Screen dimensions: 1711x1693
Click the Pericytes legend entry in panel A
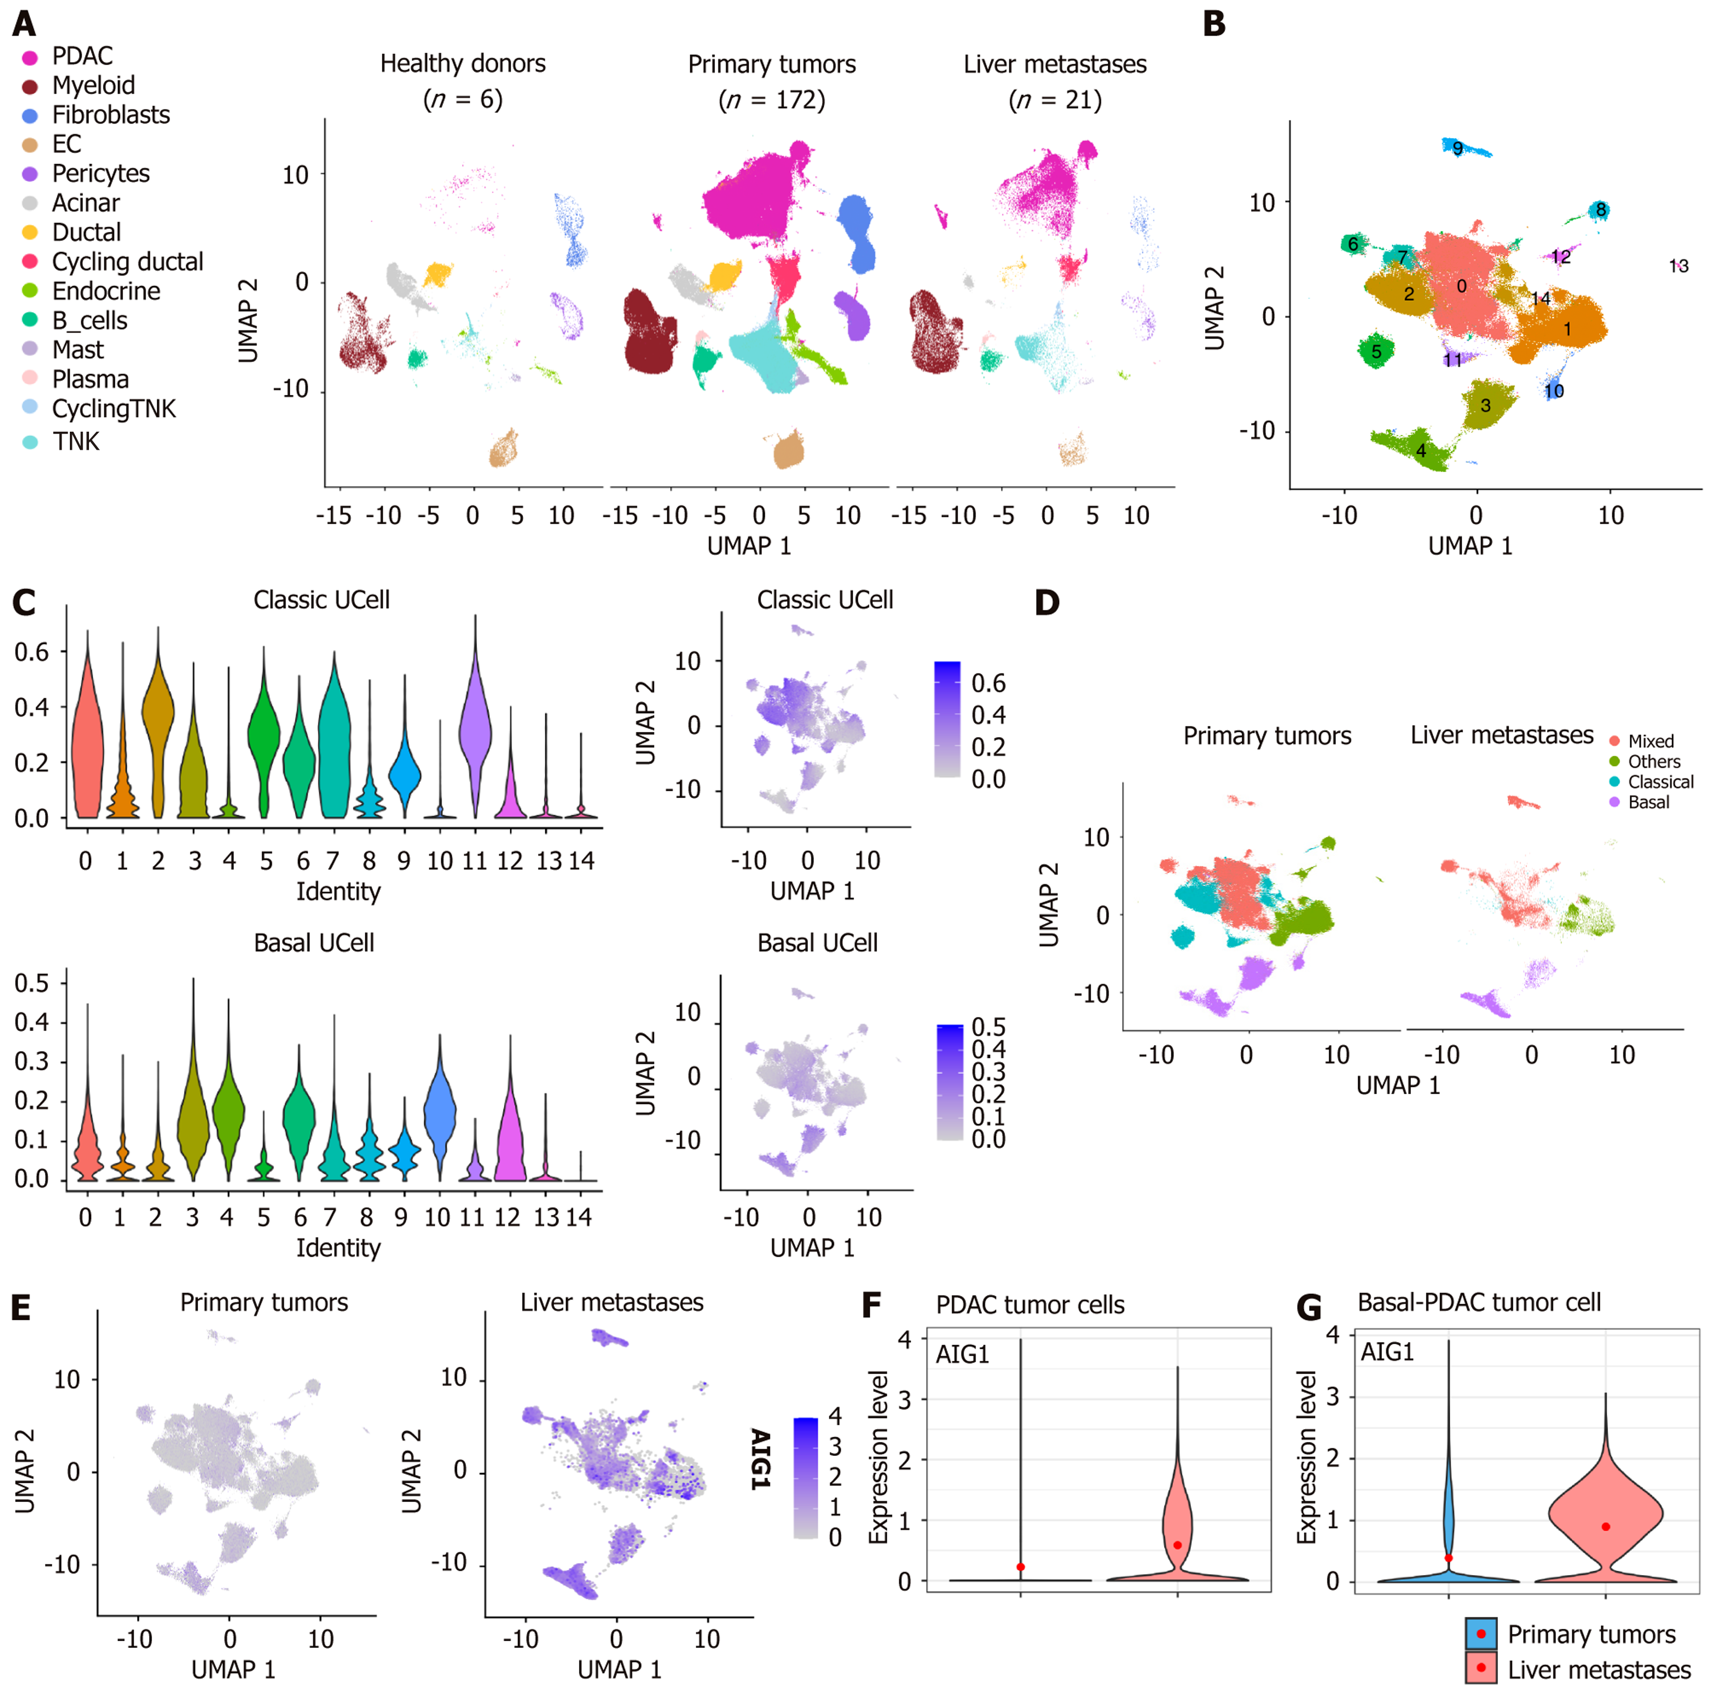(x=86, y=173)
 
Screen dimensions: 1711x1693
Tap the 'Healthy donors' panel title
(x=463, y=64)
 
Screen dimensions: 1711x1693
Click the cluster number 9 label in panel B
(x=1457, y=148)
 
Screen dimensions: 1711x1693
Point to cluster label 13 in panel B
(x=1678, y=266)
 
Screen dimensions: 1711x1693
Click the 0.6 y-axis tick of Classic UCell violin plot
(x=32, y=652)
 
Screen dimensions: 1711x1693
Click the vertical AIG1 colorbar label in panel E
(x=761, y=1458)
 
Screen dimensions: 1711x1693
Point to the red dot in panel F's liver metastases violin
(x=1177, y=1545)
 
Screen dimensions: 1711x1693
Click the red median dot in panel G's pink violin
(x=1605, y=1526)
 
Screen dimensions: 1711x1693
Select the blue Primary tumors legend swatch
(x=1481, y=1633)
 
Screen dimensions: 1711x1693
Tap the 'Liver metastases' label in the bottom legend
(x=1599, y=1669)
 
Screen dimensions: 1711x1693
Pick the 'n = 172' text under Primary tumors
(x=771, y=99)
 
